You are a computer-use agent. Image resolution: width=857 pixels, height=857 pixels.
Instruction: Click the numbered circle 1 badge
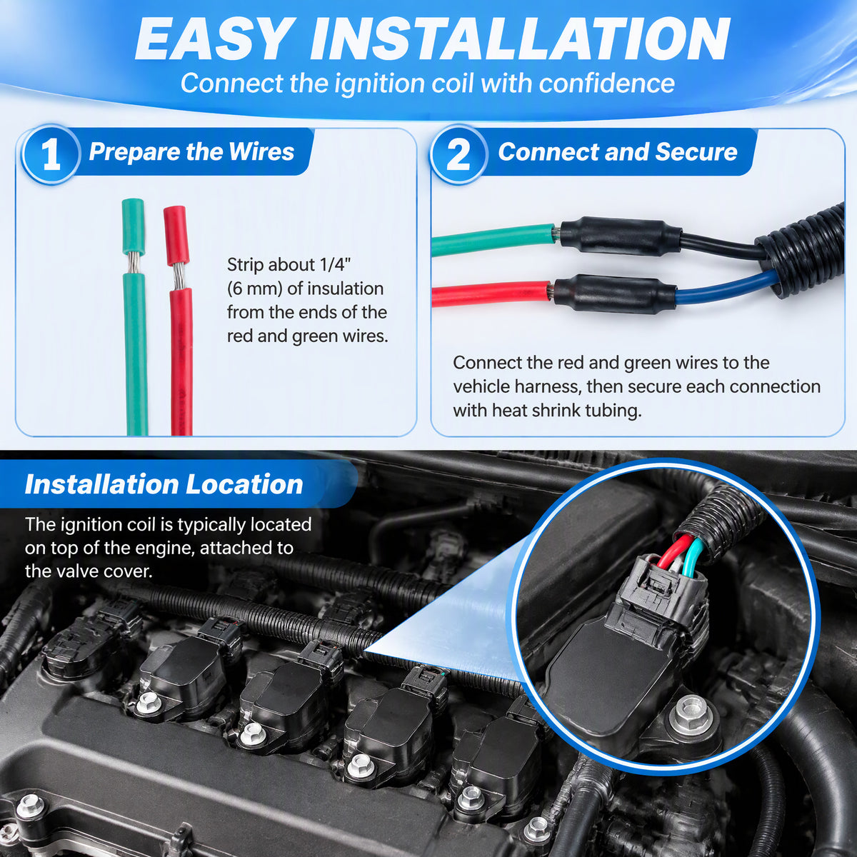(51, 154)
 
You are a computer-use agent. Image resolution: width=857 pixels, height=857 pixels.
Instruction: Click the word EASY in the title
(213, 39)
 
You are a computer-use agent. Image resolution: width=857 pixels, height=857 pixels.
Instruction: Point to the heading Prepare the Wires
(191, 151)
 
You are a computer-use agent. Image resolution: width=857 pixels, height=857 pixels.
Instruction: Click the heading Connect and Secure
(618, 151)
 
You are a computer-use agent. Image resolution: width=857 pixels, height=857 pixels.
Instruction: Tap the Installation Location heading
(164, 484)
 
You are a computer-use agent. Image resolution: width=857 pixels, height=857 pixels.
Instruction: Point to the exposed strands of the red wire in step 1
(179, 277)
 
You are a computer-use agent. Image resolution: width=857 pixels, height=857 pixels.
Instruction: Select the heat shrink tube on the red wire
(615, 293)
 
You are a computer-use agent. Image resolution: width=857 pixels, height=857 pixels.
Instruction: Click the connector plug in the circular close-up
(663, 591)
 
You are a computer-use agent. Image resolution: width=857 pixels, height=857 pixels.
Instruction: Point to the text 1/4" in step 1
(336, 265)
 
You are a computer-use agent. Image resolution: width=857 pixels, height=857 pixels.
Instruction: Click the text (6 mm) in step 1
(255, 289)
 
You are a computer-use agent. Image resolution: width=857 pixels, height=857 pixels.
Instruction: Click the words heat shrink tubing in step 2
(567, 411)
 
